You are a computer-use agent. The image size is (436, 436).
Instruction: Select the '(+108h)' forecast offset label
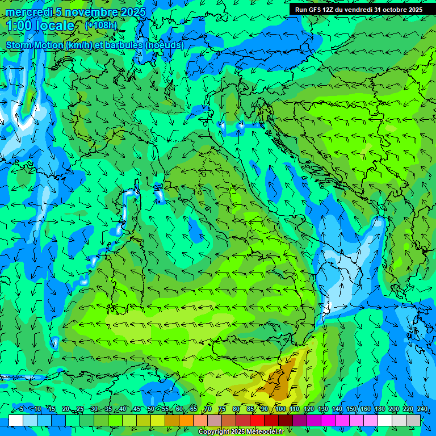(x=100, y=25)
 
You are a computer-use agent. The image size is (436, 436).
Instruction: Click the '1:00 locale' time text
(x=40, y=26)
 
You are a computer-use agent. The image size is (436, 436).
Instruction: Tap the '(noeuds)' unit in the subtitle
(x=165, y=45)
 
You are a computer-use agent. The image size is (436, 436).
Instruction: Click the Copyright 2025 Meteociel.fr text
(x=249, y=432)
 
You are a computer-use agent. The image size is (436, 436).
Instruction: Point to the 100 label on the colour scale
(x=280, y=409)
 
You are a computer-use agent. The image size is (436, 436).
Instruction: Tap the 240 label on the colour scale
(x=422, y=409)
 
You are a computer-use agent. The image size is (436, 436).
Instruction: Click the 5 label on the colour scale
(x=22, y=409)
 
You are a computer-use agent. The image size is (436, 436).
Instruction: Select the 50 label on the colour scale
(x=151, y=409)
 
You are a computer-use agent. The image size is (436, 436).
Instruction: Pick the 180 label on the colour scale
(x=380, y=409)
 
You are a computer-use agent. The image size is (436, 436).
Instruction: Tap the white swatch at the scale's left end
(x=16, y=420)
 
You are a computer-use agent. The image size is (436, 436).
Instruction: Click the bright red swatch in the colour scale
(x=257, y=420)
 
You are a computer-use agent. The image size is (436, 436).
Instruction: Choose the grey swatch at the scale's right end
(x=413, y=420)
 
